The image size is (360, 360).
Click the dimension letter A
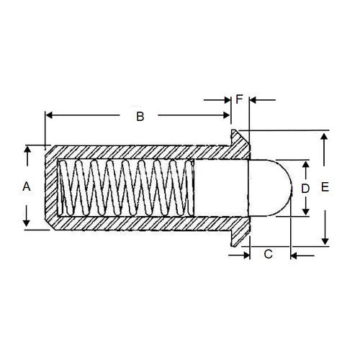pos(27,186)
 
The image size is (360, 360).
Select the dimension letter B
pos(141,116)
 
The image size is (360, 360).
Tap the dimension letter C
pos(269,253)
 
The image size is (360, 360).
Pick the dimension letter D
pos(305,188)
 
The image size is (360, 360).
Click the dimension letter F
pos(239,99)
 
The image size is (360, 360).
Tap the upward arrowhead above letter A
pos(27,150)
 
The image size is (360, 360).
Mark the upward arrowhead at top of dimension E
pos(325,135)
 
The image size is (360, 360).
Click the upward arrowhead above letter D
pos(306,164)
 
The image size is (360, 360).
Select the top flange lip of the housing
pos(238,137)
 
